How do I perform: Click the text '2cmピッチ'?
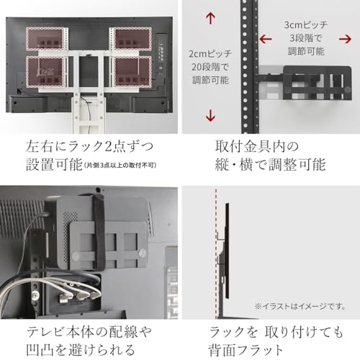click(210, 54)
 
